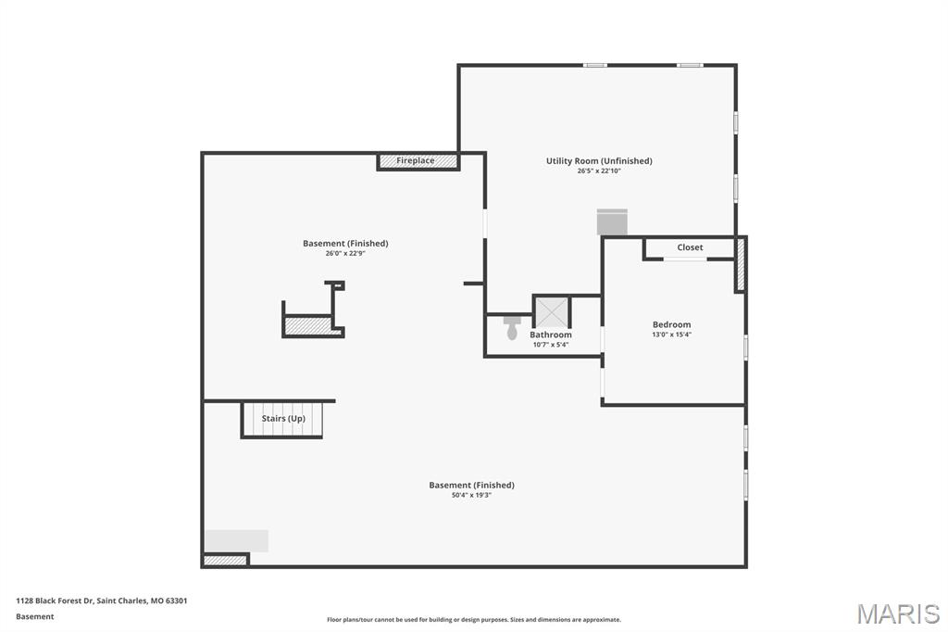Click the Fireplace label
pos(416,161)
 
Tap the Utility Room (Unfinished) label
pos(599,160)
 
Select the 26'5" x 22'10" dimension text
pos(599,171)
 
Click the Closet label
pos(690,247)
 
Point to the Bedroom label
pos(671,324)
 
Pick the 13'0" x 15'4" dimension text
pos(671,335)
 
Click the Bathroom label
pos(551,335)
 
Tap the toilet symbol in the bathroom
pos(512,327)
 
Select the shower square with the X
pos(552,311)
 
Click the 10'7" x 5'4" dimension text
pos(551,345)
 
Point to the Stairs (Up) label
pos(283,419)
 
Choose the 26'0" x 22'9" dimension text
pos(345,254)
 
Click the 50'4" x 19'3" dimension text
pos(471,495)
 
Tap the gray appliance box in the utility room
pos(612,222)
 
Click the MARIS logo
pos(898,613)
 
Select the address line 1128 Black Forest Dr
pos(102,600)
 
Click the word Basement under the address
pos(35,616)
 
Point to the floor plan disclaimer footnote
pos(473,620)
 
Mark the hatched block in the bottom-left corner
pos(225,560)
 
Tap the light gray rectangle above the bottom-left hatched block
pos(237,540)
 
